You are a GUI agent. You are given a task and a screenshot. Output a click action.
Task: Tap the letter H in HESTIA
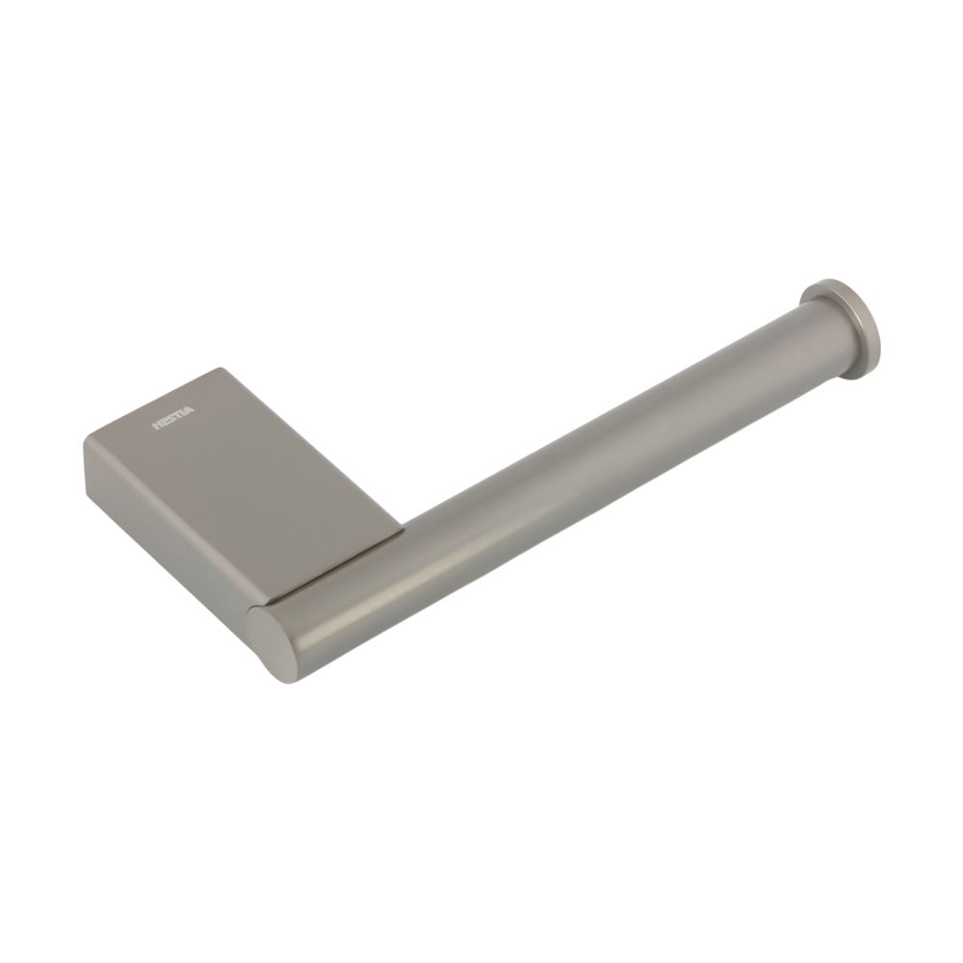tap(156, 426)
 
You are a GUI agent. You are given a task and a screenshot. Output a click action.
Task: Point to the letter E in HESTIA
tap(164, 423)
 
